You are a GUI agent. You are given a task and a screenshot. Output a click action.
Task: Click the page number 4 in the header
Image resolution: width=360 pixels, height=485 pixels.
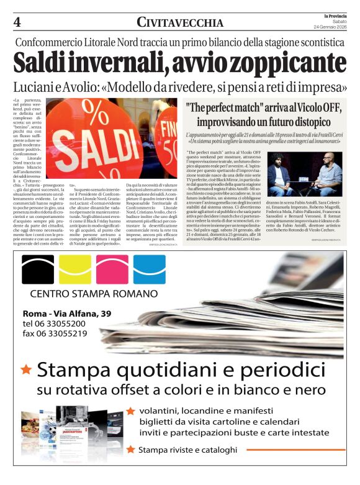coord(17,22)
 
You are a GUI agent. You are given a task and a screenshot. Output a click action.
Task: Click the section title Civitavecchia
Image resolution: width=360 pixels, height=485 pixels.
coord(180,23)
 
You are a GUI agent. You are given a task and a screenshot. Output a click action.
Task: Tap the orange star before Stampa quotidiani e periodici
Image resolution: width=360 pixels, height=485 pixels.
coord(26,370)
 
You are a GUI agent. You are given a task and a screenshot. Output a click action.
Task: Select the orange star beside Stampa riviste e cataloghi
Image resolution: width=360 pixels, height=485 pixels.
coord(130,449)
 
